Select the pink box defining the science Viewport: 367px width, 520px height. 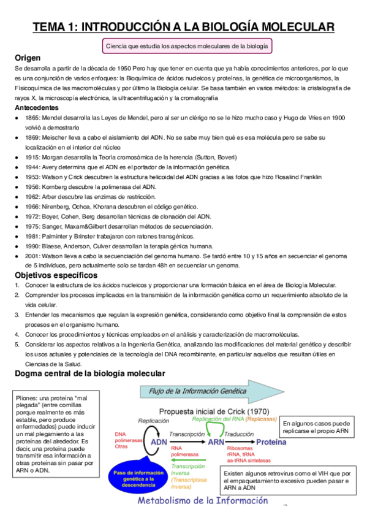coord(187,46)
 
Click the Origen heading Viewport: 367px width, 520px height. coord(31,58)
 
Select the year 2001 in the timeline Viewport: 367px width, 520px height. coord(33,256)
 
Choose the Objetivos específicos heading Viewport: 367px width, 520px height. coord(56,275)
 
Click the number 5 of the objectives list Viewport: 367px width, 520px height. coord(17,345)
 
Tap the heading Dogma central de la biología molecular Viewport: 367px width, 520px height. coord(90,373)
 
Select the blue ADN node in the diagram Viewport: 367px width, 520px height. coord(159,442)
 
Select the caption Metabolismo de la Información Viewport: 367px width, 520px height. coord(202,501)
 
